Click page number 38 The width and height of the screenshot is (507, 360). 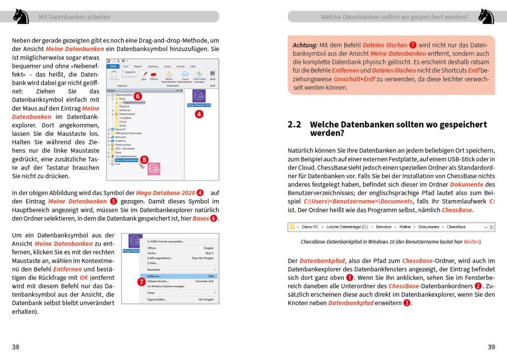(16, 347)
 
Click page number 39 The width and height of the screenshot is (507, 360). (491, 347)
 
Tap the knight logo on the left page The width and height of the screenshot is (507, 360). (21, 16)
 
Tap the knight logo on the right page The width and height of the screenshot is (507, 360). (486, 16)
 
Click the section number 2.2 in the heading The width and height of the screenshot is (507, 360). (294, 125)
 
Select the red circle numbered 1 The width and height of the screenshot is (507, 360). (349, 277)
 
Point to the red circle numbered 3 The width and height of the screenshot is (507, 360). (407, 303)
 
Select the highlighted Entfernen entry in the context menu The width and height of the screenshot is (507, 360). (155, 276)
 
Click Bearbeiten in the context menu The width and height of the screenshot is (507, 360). (154, 269)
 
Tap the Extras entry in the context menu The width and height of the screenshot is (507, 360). (151, 292)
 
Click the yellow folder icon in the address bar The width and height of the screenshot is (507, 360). (292, 227)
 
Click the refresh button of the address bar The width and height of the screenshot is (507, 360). (492, 227)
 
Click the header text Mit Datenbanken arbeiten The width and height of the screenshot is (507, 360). (74, 17)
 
